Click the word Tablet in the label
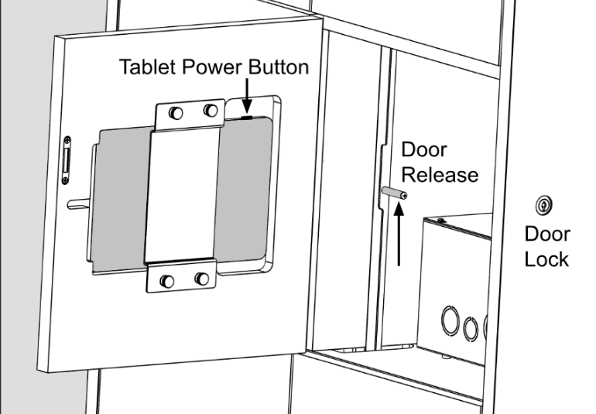click(149, 67)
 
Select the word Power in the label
click(212, 67)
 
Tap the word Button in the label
click(278, 67)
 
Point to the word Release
click(440, 175)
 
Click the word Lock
click(546, 260)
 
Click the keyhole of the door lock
click(544, 206)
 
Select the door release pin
click(394, 193)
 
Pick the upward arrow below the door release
click(399, 234)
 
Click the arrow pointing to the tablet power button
click(247, 96)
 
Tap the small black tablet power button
click(247, 118)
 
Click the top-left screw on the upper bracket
click(176, 113)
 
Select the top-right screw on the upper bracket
click(211, 110)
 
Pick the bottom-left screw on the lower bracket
click(167, 282)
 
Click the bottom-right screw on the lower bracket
click(202, 279)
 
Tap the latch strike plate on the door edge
click(67, 160)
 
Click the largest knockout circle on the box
click(450, 320)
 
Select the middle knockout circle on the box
click(471, 329)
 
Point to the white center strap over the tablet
click(182, 196)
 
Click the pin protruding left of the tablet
click(79, 204)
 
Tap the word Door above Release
click(424, 149)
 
